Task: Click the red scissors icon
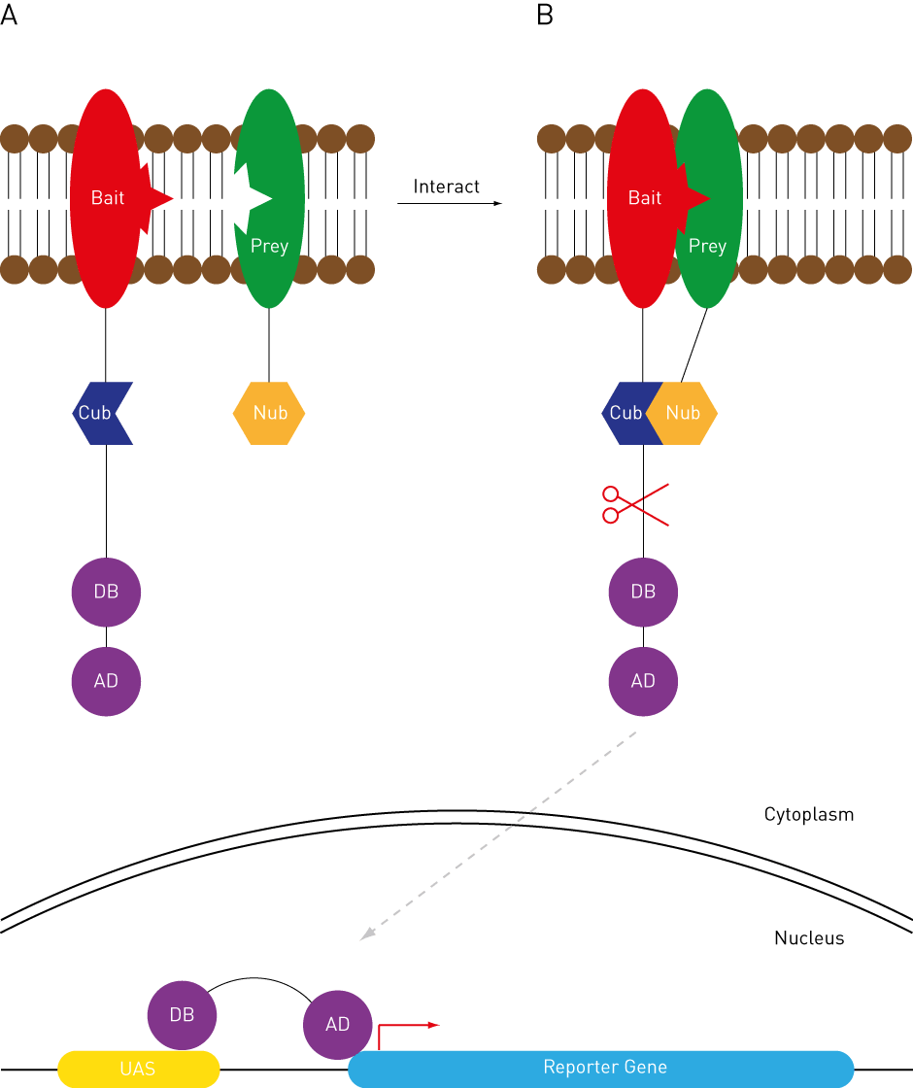click(633, 504)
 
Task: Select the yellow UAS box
click(138, 1069)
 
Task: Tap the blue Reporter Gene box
click(602, 1068)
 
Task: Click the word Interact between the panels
click(447, 187)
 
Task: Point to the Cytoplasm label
click(809, 814)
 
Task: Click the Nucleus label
click(809, 938)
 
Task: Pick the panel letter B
click(545, 17)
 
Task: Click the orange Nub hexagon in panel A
click(269, 413)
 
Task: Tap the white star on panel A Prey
click(236, 197)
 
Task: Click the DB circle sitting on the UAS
click(182, 1015)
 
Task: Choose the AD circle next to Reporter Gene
click(337, 1025)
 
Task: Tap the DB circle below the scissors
click(643, 592)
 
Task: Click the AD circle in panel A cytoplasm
click(106, 681)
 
